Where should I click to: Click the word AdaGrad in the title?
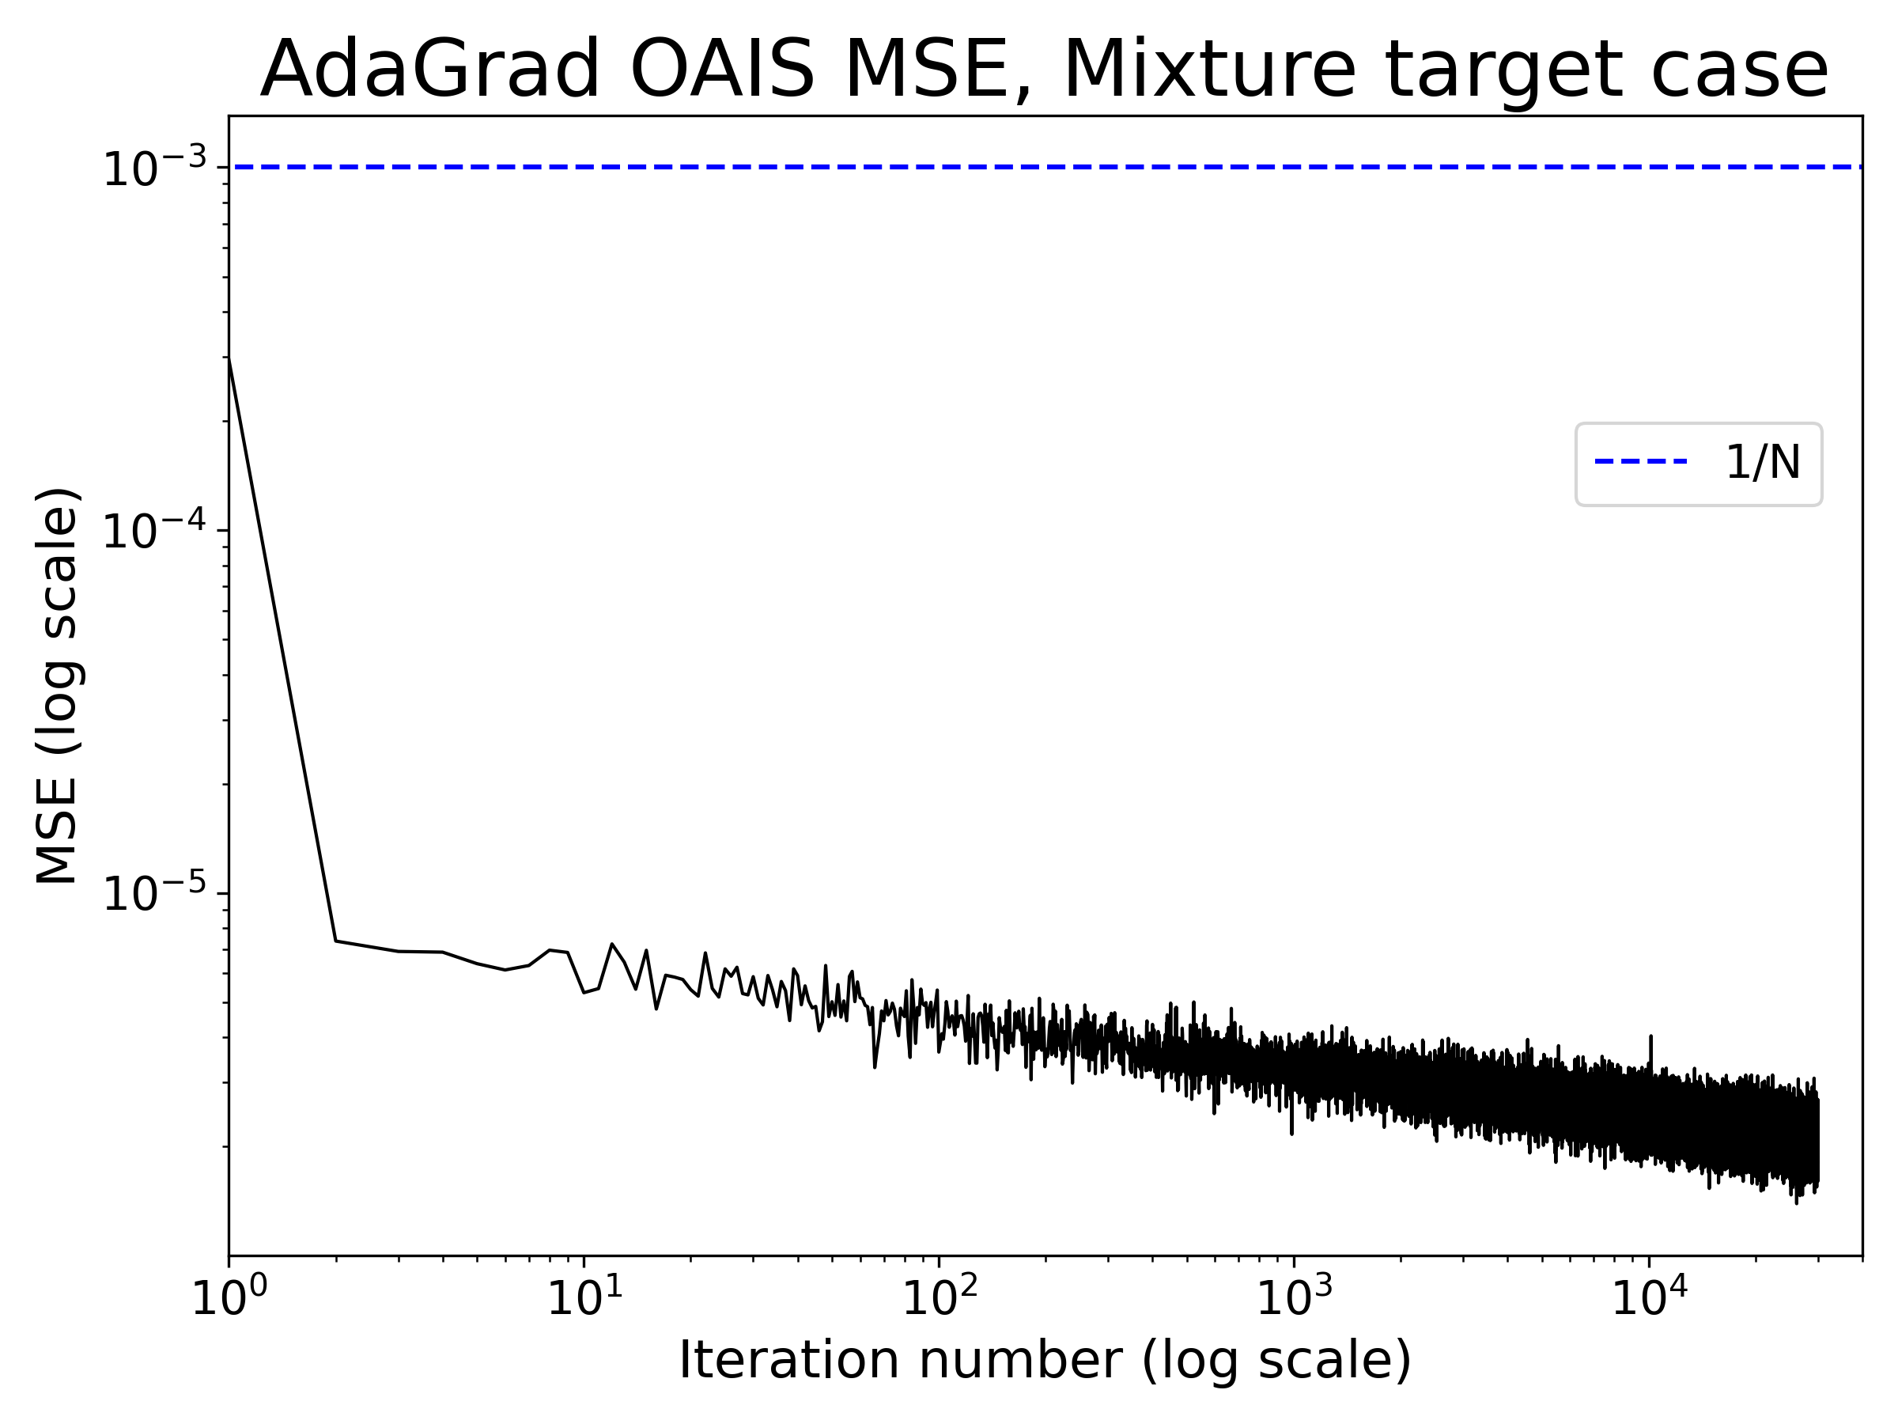pos(429,70)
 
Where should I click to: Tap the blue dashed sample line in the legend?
pos(1641,462)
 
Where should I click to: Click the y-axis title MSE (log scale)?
pos(59,685)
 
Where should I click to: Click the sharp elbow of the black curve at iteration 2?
pos(335,941)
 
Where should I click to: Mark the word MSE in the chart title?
pos(937,70)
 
